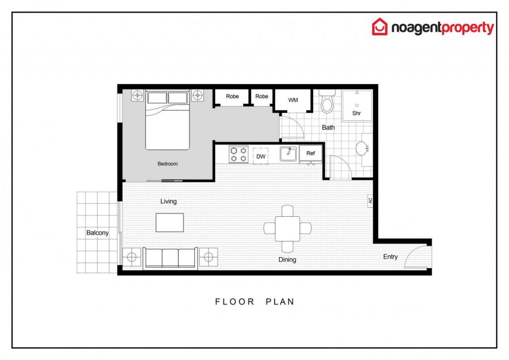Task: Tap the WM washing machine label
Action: (x=293, y=100)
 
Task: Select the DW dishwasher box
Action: (x=260, y=156)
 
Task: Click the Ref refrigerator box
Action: (x=311, y=153)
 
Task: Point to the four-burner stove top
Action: (x=238, y=154)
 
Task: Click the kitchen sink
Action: (x=288, y=154)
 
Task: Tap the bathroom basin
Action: (x=362, y=149)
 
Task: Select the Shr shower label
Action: (x=356, y=113)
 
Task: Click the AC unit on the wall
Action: (x=370, y=200)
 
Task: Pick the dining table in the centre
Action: (x=287, y=229)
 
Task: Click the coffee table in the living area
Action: (x=170, y=222)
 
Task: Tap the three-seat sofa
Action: (x=170, y=258)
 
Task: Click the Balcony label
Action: (x=97, y=233)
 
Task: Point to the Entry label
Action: (x=390, y=257)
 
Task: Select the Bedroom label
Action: (x=168, y=164)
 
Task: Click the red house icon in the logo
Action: (x=380, y=27)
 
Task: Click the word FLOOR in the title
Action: (x=235, y=301)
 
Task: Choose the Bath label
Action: (x=328, y=127)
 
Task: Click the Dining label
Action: (x=287, y=260)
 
